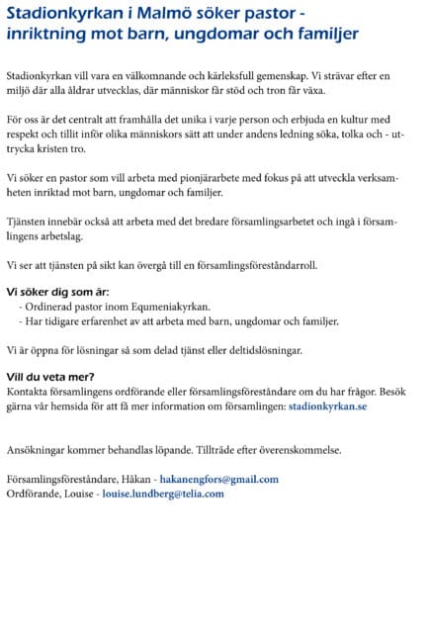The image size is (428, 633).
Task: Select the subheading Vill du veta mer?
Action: (50, 377)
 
